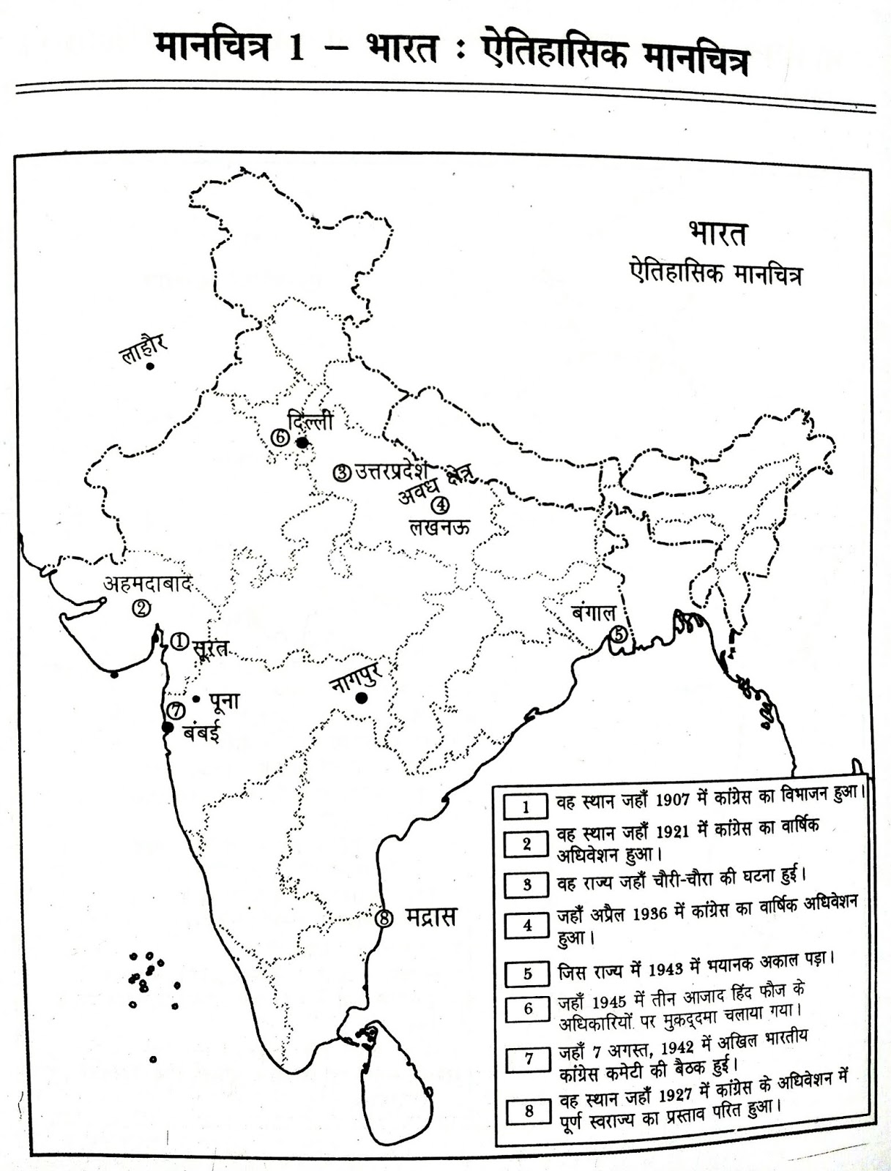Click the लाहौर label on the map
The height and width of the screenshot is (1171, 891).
tap(145, 349)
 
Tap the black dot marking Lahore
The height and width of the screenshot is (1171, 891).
tap(150, 366)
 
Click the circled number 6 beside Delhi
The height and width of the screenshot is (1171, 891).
tap(279, 438)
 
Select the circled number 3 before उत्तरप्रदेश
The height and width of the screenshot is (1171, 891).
tap(342, 473)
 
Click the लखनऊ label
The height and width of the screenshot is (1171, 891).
tap(439, 526)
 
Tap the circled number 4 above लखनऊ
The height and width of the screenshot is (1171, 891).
tap(439, 505)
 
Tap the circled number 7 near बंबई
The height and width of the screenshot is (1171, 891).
tap(174, 711)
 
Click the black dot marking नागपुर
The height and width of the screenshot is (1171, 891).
tap(360, 698)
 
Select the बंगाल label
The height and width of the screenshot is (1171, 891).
tap(594, 613)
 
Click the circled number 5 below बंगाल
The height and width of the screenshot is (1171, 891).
tap(619, 635)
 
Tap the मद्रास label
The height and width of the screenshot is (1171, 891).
tap(430, 916)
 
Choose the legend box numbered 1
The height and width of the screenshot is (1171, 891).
tap(525, 807)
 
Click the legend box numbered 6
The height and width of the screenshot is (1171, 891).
tap(528, 1009)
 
